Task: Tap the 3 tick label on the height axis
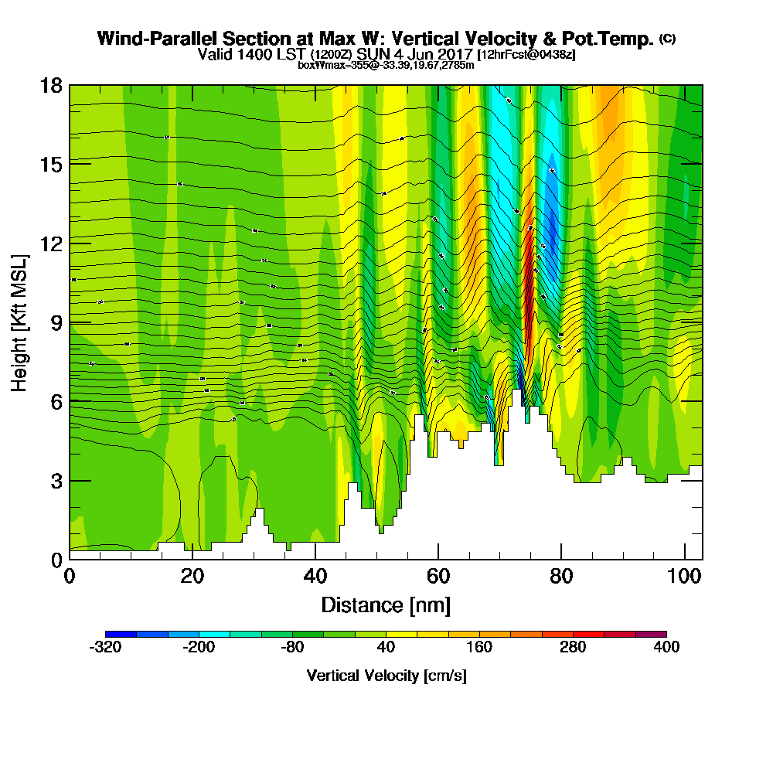coord(56,481)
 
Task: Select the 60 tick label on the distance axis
coord(438,577)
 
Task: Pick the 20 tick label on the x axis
coord(192,577)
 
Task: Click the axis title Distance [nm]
coord(385,604)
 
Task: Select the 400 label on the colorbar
coord(666,647)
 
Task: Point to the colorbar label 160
coord(479,647)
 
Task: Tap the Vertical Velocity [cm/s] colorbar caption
coord(386,676)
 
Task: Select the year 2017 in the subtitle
coord(455,55)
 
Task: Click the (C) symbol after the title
coord(667,39)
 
